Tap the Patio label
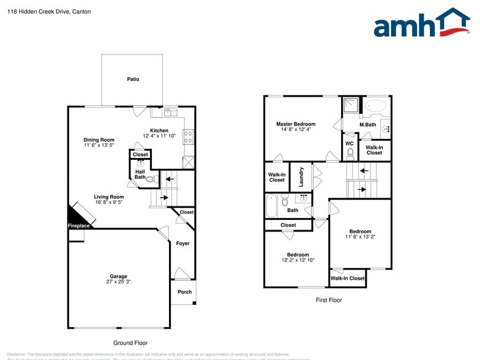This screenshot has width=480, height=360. (133, 80)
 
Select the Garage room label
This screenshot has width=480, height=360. (119, 276)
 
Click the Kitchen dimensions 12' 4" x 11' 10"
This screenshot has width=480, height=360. (159, 136)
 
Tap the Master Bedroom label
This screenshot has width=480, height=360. (295, 124)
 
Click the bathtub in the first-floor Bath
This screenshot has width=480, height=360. (271, 206)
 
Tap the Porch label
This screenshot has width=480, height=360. (185, 292)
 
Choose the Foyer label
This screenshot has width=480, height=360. (182, 243)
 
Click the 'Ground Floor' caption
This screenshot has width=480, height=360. (130, 343)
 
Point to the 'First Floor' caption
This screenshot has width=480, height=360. (329, 300)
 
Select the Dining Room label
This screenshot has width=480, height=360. (99, 140)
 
